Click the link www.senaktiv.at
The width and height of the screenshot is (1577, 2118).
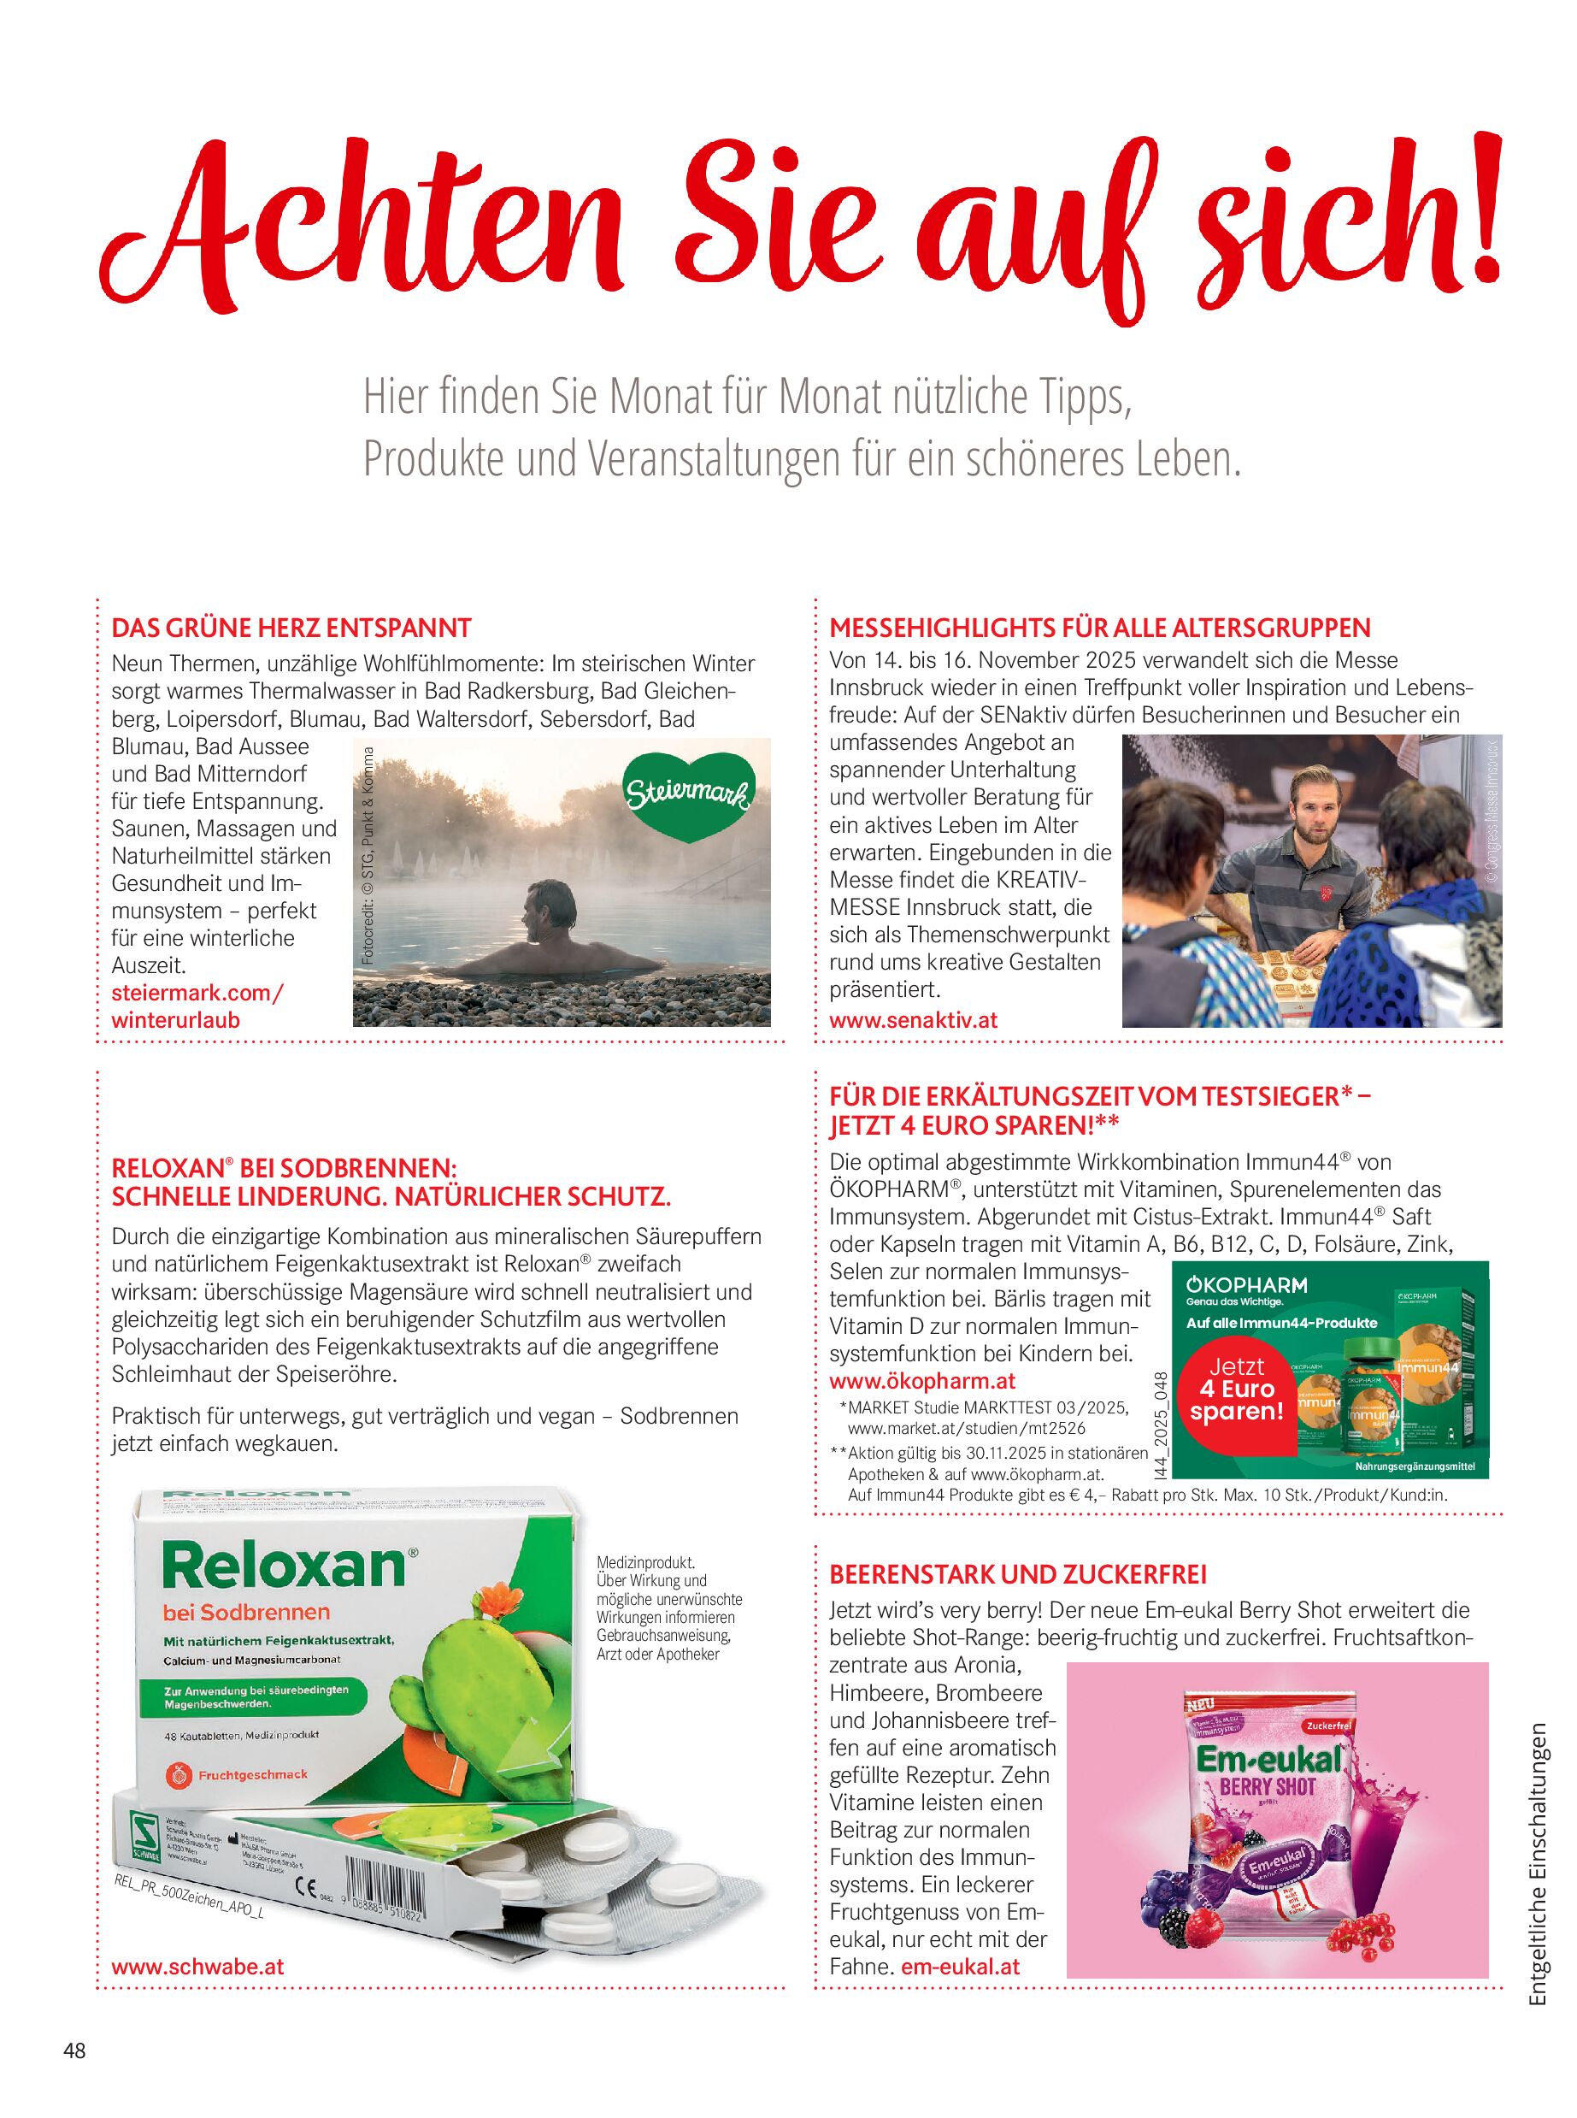pos(914,1020)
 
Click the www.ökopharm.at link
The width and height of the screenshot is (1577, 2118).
pos(922,1381)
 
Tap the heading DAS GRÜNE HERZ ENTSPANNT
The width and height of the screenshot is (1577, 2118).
pos(291,628)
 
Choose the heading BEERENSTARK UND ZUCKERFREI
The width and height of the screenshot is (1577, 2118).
pos(1019,1572)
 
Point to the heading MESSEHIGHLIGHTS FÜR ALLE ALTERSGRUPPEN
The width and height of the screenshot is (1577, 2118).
pos(1100,628)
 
